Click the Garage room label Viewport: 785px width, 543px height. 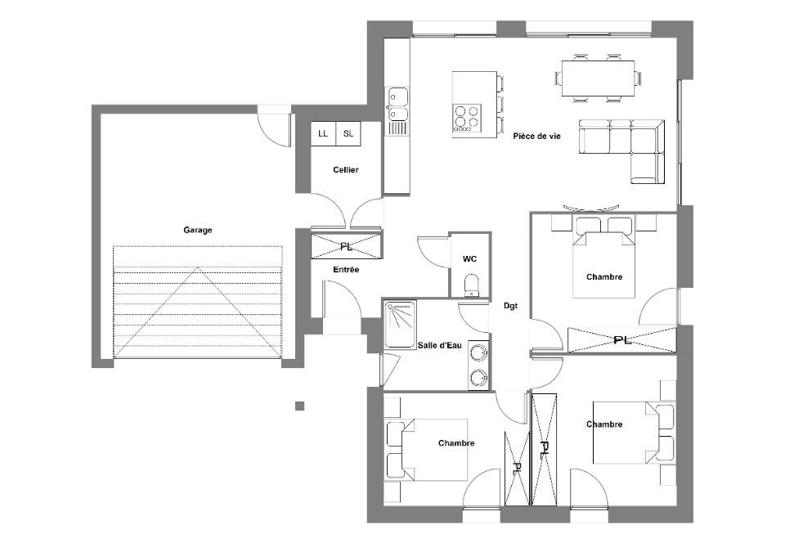198,231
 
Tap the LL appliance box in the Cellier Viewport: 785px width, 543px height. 323,133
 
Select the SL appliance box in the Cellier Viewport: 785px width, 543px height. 348,133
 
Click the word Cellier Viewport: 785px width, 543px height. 346,169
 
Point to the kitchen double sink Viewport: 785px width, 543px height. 397,104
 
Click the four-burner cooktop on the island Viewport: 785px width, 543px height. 467,118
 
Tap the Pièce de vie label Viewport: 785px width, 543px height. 536,136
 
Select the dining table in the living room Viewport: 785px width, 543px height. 598,78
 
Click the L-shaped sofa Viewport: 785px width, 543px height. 621,151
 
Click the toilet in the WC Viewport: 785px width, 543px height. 471,285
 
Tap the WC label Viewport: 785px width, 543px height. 469,258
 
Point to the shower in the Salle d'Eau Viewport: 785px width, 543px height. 400,325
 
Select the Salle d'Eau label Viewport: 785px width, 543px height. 440,345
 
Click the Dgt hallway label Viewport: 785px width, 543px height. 510,306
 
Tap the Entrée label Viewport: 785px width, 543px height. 346,270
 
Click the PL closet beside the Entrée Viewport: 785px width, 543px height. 346,246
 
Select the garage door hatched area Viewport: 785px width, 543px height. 198,302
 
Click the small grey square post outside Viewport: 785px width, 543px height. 299,406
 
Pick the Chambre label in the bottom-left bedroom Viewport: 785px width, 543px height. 456,443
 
